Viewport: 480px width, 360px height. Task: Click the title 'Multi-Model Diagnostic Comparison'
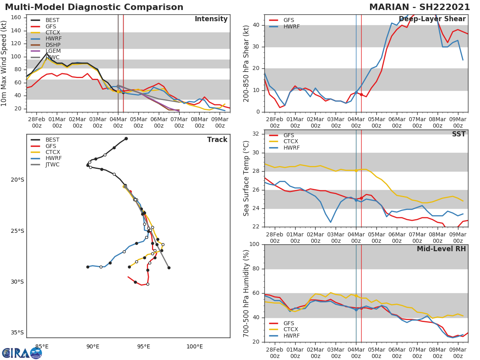tap(94, 7)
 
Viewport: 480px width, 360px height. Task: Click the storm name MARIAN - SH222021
tap(420, 7)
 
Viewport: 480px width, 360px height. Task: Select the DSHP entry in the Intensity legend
tap(53, 45)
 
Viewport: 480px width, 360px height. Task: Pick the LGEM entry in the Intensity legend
tap(53, 51)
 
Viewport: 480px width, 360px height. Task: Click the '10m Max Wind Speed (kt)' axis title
tap(4, 63)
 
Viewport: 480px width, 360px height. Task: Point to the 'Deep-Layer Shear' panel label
tap(432, 19)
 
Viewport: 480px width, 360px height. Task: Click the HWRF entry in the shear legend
tap(291, 26)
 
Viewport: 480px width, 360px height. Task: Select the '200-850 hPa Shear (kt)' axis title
tap(247, 63)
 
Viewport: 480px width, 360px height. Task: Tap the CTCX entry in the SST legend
tap(291, 142)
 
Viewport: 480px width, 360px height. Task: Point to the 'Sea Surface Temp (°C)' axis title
tap(247, 178)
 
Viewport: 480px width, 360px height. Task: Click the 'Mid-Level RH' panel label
tap(441, 249)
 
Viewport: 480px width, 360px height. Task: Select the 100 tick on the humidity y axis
tap(254, 244)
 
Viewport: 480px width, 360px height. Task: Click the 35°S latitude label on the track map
tap(17, 332)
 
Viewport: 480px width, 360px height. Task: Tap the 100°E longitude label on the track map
tap(194, 346)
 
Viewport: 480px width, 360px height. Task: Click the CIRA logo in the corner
tap(22, 353)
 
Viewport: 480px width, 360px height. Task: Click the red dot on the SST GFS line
tap(361, 198)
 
